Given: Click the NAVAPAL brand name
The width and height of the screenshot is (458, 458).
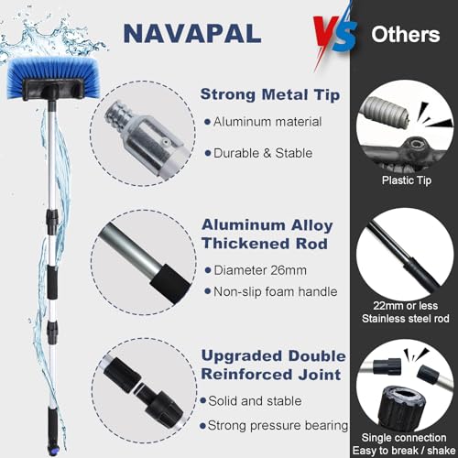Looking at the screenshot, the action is (x=192, y=34).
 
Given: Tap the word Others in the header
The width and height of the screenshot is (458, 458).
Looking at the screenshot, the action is (x=406, y=34).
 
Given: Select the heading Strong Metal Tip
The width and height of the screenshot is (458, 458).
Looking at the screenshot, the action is (x=270, y=94).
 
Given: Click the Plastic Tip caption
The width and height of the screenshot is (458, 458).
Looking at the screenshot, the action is (x=407, y=180).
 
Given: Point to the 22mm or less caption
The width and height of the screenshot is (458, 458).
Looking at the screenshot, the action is (x=406, y=305).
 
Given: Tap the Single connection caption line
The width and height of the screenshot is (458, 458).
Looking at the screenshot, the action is (x=404, y=437).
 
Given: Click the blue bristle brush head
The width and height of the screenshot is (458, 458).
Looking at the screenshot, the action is (x=53, y=79).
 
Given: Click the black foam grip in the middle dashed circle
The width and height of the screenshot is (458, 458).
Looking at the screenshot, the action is (x=170, y=284).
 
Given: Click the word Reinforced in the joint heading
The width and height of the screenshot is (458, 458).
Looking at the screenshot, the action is (x=246, y=375).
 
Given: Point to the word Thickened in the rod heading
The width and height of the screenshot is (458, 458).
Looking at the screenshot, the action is (x=245, y=244).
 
